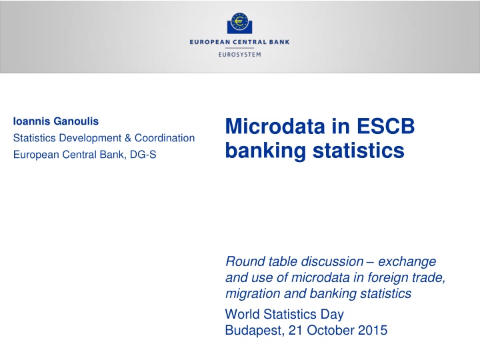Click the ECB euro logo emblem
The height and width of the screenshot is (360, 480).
point(240,24)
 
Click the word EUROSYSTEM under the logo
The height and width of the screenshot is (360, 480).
point(240,55)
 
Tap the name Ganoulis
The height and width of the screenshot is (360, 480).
point(74,121)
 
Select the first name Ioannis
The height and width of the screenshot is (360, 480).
point(29,121)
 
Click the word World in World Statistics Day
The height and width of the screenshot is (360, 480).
point(242,313)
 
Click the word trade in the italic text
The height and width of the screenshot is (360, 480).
point(425,277)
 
